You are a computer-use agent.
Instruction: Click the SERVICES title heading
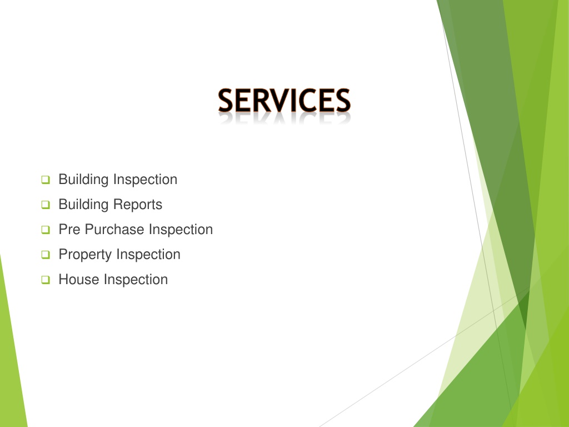click(x=284, y=101)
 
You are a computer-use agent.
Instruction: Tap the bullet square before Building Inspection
click(x=46, y=180)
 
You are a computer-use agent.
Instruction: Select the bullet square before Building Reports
click(x=46, y=205)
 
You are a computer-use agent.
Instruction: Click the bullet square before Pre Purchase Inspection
click(x=46, y=230)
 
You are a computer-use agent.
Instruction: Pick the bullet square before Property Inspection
click(x=46, y=255)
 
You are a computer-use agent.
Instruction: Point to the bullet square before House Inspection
click(x=46, y=280)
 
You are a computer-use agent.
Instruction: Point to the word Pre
click(x=69, y=230)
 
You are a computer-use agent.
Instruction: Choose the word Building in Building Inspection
click(x=83, y=180)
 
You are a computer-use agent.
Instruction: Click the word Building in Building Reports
click(x=83, y=205)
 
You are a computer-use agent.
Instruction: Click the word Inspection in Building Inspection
click(x=145, y=180)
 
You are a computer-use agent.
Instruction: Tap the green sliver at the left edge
click(x=10, y=356)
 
